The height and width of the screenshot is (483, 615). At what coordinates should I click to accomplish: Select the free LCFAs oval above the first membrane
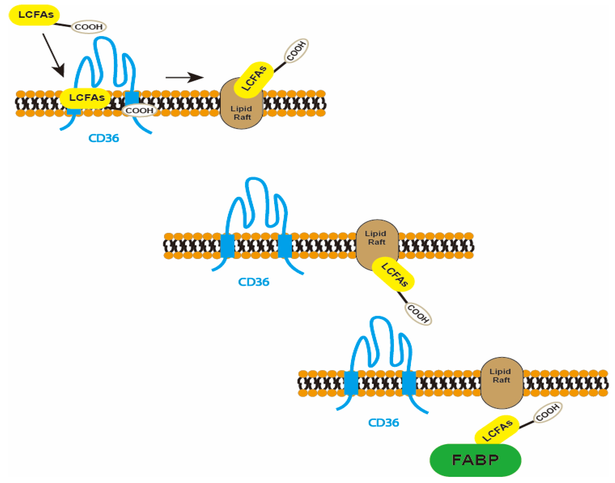pos(35,15)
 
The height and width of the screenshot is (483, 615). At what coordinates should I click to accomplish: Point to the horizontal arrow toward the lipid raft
pos(184,77)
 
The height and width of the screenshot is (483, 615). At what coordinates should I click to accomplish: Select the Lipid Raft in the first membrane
pos(241,113)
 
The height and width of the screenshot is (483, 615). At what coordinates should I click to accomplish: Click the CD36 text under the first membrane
pos(104,138)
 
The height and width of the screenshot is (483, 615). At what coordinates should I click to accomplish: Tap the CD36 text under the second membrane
pos(254,282)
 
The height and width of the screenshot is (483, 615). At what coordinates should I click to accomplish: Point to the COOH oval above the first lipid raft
pos(296,51)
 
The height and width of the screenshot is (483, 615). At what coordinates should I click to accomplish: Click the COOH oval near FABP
pos(547,412)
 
